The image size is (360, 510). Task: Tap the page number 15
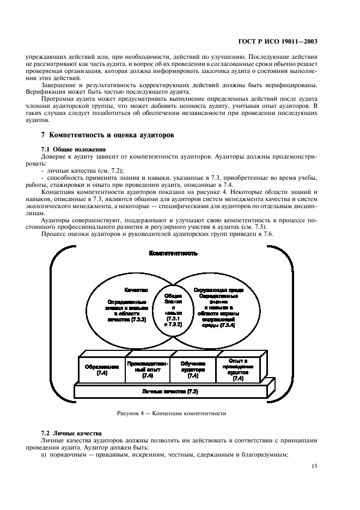click(x=315, y=465)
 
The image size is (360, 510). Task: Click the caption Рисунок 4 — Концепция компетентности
click(x=171, y=413)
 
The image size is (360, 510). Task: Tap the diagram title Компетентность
click(x=173, y=253)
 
